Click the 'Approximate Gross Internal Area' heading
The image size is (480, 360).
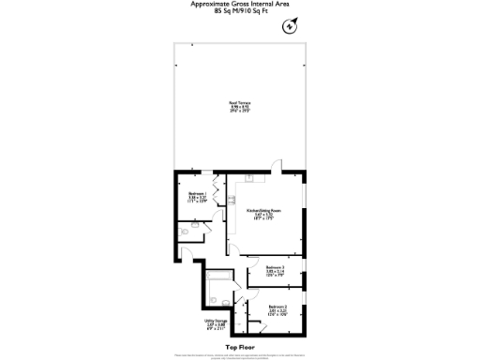(x=240, y=5)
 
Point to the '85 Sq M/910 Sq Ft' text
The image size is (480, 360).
(x=240, y=13)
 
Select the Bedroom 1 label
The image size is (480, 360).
(x=197, y=198)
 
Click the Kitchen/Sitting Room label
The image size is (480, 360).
(x=263, y=214)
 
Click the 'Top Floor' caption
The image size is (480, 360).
(x=240, y=346)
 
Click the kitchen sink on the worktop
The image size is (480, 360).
(x=249, y=179)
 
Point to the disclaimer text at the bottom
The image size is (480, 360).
(x=240, y=356)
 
